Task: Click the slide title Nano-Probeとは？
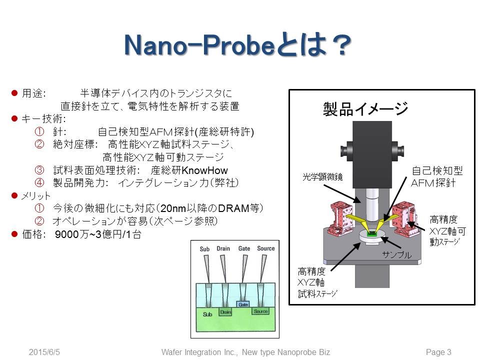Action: point(235,46)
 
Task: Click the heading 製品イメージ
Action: point(365,107)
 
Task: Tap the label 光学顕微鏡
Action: point(322,178)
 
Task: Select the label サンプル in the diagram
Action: point(396,255)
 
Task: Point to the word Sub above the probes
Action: point(204,249)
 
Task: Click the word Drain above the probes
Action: point(223,248)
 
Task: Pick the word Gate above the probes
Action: point(244,248)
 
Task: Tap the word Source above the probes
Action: point(265,248)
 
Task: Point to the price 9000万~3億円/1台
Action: point(98,234)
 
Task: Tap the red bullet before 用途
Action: point(14,93)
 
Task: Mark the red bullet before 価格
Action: point(14,234)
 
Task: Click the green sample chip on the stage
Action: point(371,232)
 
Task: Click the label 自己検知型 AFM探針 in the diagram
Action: point(433,176)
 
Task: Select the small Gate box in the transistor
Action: point(243,304)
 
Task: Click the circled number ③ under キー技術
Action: point(40,170)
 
